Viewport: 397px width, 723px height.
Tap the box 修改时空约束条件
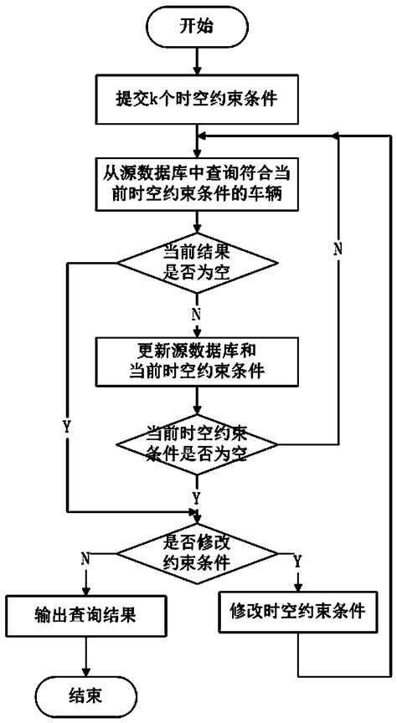[298, 612]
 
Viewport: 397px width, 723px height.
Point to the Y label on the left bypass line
[67, 425]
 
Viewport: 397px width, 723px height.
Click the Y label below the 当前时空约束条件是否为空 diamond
[198, 497]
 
